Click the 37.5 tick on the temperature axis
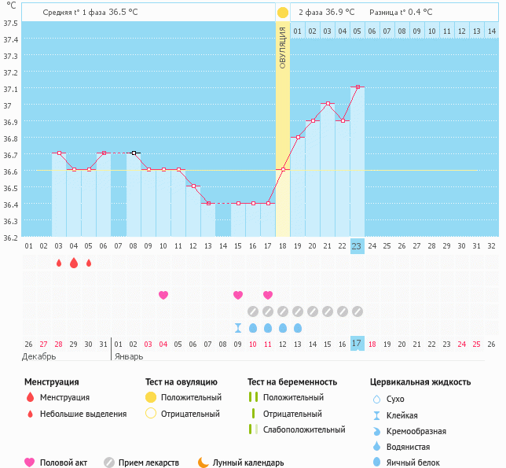[x=10, y=23]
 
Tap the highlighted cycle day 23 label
[x=357, y=245]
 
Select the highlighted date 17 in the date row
[x=357, y=343]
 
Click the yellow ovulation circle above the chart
[x=283, y=13]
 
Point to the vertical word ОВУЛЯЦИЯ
[x=283, y=47]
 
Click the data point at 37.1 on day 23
[x=357, y=87]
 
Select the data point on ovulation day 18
[x=283, y=170]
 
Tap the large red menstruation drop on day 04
[x=74, y=263]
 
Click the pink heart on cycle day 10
[x=163, y=295]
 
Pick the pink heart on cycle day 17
[x=268, y=295]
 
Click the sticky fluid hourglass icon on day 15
[x=238, y=328]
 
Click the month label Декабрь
[x=39, y=356]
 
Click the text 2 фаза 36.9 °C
[x=326, y=12]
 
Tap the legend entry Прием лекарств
[x=148, y=463]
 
